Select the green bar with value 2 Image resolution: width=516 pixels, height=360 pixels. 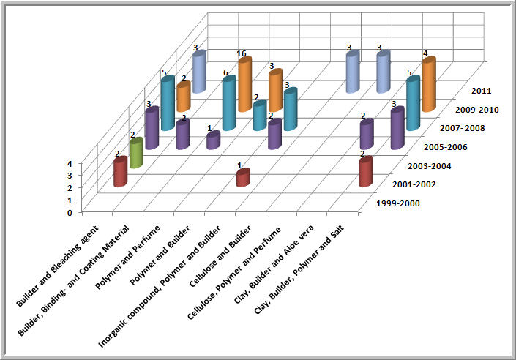(135, 154)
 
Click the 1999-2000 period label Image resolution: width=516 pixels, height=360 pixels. (396, 203)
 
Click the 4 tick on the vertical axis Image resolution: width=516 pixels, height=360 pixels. (89, 164)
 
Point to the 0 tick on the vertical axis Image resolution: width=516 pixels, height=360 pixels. (89, 213)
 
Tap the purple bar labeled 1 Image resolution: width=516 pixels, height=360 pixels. (213, 140)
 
